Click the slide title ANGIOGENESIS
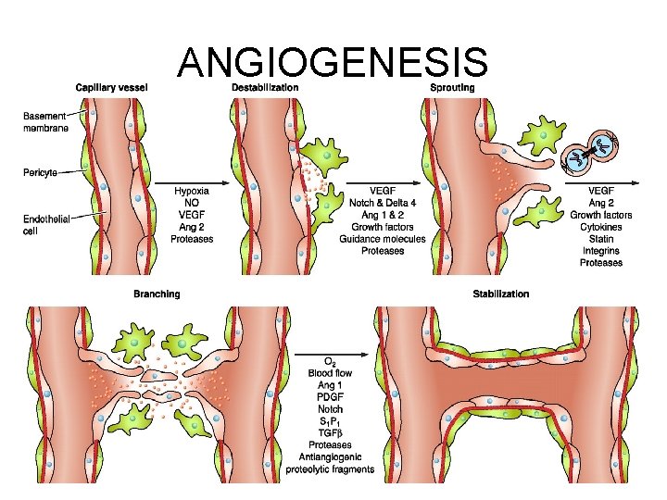(333, 62)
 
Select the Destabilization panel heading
(266, 88)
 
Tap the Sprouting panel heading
(453, 88)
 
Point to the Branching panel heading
(157, 294)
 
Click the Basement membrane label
(44, 122)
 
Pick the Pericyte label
(41, 172)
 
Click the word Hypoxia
(193, 191)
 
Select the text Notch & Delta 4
(383, 203)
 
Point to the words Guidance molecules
(383, 239)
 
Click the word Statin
(601, 239)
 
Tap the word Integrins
(601, 251)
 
